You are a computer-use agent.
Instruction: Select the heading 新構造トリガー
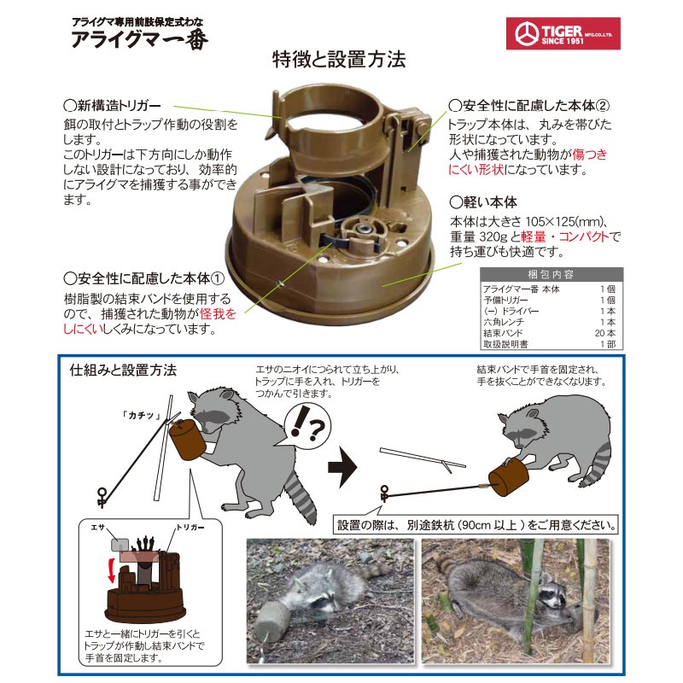pos(112,107)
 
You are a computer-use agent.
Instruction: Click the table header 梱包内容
pos(552,275)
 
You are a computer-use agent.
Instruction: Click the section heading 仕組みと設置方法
pos(123,371)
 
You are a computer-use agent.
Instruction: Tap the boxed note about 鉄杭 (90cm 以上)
pos(476,522)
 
